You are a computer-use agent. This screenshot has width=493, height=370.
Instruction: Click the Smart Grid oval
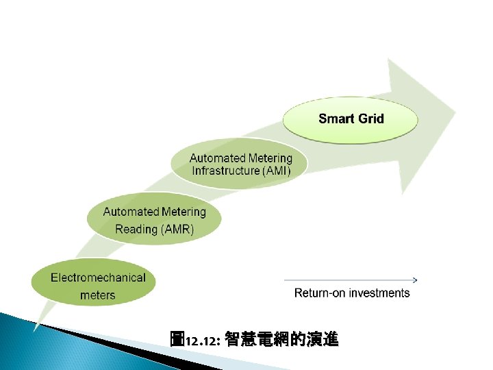point(351,119)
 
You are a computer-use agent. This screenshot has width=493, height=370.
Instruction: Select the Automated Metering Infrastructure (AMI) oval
point(240,165)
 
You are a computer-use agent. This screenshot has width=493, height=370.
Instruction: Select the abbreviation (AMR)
point(177,230)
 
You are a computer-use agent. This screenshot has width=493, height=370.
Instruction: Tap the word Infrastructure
point(225,171)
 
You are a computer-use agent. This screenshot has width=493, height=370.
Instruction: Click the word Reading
point(136,230)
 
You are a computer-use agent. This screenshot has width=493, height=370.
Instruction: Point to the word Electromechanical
point(98,277)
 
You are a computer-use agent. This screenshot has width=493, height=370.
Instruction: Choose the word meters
point(98,295)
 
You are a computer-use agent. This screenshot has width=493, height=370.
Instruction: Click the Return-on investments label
point(352,293)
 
